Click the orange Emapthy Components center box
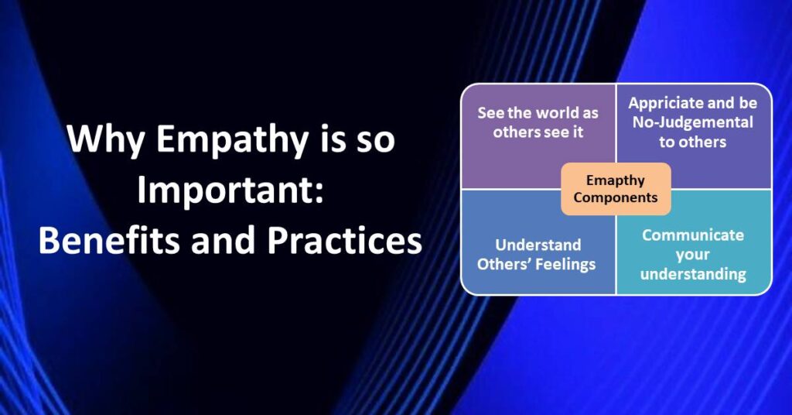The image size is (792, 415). (x=616, y=189)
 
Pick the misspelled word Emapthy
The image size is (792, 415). (x=616, y=180)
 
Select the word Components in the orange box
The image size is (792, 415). (x=616, y=197)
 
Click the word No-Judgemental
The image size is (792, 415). (x=693, y=122)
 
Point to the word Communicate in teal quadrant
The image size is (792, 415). (x=693, y=235)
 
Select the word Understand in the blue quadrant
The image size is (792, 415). (x=538, y=245)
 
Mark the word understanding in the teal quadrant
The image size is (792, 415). (x=693, y=273)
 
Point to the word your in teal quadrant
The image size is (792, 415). (x=693, y=254)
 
